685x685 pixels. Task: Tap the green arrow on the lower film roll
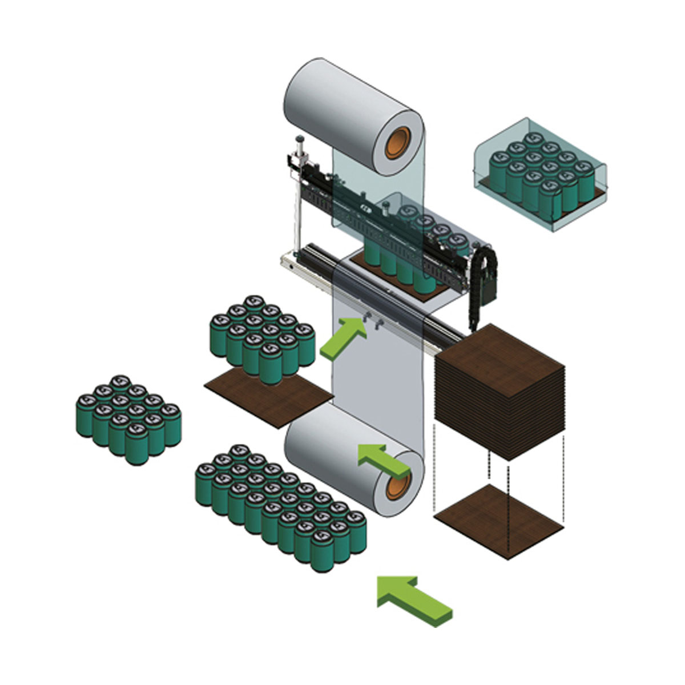tap(382, 460)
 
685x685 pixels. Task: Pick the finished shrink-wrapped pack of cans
tap(539, 177)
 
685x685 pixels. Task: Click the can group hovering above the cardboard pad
tap(263, 337)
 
